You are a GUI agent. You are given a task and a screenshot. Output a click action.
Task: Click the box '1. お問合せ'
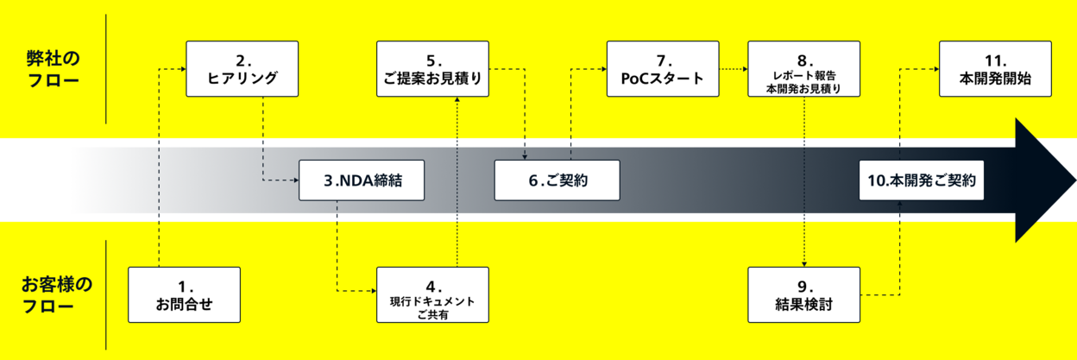pyautogui.click(x=184, y=295)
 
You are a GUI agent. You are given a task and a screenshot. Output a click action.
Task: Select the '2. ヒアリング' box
pyautogui.click(x=242, y=69)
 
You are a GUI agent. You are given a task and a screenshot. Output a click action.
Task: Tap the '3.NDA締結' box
pyautogui.click(x=363, y=181)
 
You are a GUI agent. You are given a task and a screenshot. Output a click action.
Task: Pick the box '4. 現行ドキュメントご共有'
pyautogui.click(x=432, y=295)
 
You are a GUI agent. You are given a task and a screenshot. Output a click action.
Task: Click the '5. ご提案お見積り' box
pyautogui.click(x=432, y=69)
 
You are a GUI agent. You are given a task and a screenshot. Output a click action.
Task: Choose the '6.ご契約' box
pyautogui.click(x=557, y=181)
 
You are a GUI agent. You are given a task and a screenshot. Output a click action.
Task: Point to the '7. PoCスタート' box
pyautogui.click(x=662, y=69)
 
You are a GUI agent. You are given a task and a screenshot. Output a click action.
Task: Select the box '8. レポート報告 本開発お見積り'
pyautogui.click(x=803, y=69)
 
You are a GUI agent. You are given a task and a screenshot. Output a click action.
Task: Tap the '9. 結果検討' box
pyautogui.click(x=803, y=295)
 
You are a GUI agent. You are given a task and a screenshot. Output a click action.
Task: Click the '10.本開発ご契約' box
pyautogui.click(x=922, y=181)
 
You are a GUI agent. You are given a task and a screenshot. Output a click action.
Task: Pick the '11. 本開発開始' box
pyautogui.click(x=995, y=69)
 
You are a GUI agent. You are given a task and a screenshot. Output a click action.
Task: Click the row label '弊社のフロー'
pyautogui.click(x=52, y=70)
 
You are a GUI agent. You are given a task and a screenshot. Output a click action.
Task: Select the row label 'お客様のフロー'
pyautogui.click(x=57, y=294)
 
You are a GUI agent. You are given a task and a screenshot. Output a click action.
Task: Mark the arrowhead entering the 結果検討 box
pyautogui.click(x=804, y=263)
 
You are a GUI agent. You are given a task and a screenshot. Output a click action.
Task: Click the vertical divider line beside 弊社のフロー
pyautogui.click(x=105, y=69)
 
